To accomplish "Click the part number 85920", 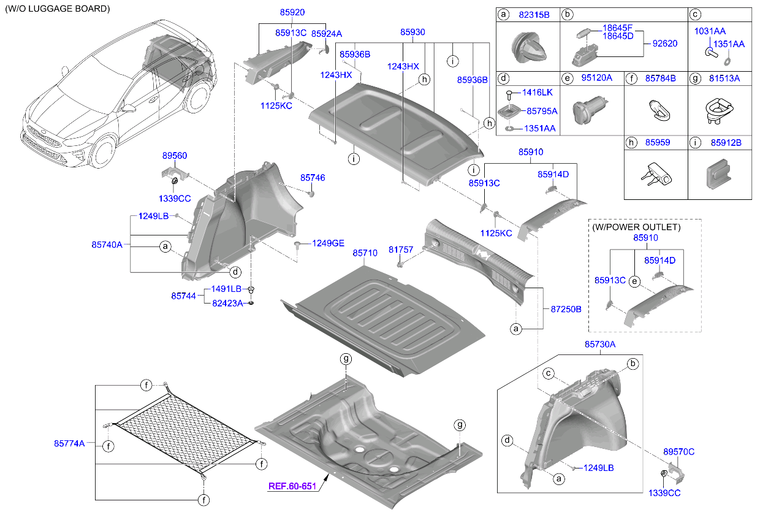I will click(x=292, y=12).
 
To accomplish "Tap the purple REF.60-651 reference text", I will click(x=292, y=486).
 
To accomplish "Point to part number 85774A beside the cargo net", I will click(x=69, y=443).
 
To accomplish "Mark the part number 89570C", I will click(x=678, y=451).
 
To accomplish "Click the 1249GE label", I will click(x=328, y=243).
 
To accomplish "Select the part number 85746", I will click(x=313, y=178).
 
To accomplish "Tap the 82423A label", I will click(x=227, y=303).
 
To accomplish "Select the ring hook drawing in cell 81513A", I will click(x=719, y=111).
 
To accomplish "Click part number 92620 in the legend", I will click(x=665, y=44).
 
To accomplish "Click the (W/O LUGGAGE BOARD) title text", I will click(x=58, y=9).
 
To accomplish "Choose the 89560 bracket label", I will click(x=175, y=156).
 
